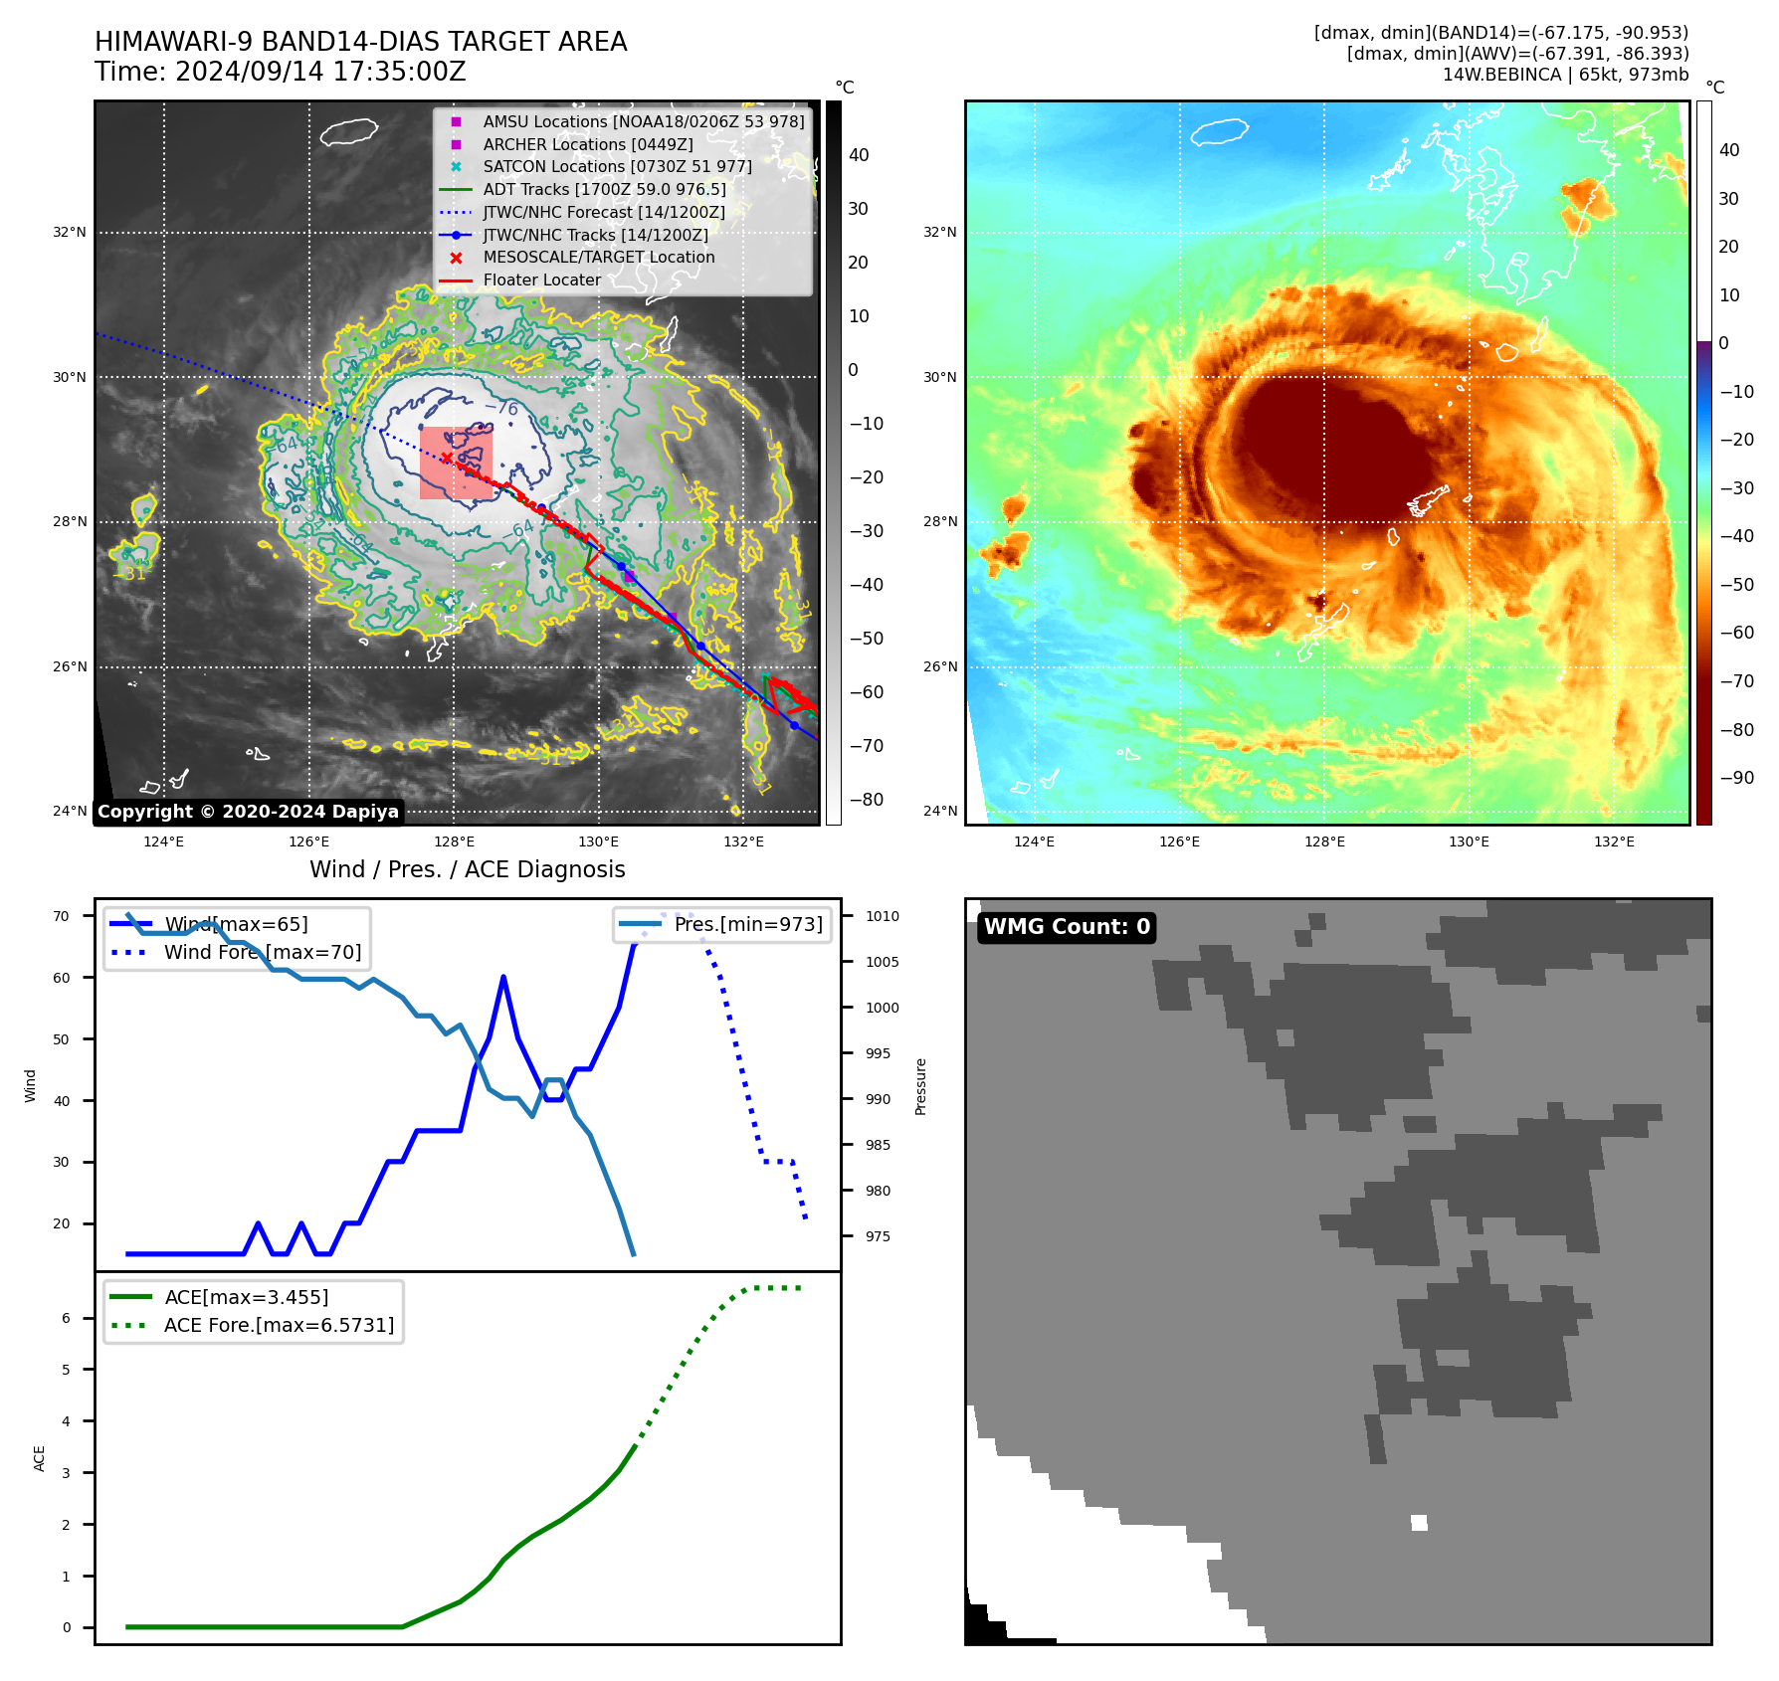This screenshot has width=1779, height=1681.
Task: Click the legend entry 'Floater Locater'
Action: click(x=541, y=280)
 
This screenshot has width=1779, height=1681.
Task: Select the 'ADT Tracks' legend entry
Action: click(x=604, y=189)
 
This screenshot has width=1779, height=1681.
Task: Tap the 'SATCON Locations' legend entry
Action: click(x=617, y=167)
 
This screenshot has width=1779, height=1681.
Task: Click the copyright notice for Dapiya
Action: click(x=248, y=812)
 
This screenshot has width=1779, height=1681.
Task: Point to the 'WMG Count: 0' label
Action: click(x=1067, y=927)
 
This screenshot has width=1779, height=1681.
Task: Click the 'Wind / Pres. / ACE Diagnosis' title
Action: click(x=467, y=869)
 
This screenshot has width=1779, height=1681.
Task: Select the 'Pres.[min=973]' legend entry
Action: click(x=747, y=924)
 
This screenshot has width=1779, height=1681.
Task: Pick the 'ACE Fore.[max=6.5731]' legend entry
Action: click(x=279, y=1325)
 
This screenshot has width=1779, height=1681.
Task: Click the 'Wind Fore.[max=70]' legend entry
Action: click(x=262, y=952)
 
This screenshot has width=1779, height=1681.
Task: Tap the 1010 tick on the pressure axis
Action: click(x=882, y=916)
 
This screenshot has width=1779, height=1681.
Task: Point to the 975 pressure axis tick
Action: click(x=878, y=1236)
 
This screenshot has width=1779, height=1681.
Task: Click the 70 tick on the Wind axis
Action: click(x=62, y=916)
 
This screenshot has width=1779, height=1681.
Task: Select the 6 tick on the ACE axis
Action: click(x=66, y=1318)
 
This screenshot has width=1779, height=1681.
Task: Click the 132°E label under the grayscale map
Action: click(x=743, y=841)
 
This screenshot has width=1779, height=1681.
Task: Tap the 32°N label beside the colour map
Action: click(x=939, y=233)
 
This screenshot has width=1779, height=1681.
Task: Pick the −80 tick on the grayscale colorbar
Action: click(x=866, y=800)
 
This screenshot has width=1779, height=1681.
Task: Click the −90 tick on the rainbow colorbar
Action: click(x=1736, y=778)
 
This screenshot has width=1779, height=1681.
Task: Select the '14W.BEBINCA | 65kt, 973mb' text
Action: click(x=1565, y=75)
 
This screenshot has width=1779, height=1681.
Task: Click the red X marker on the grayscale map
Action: click(x=447, y=458)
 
